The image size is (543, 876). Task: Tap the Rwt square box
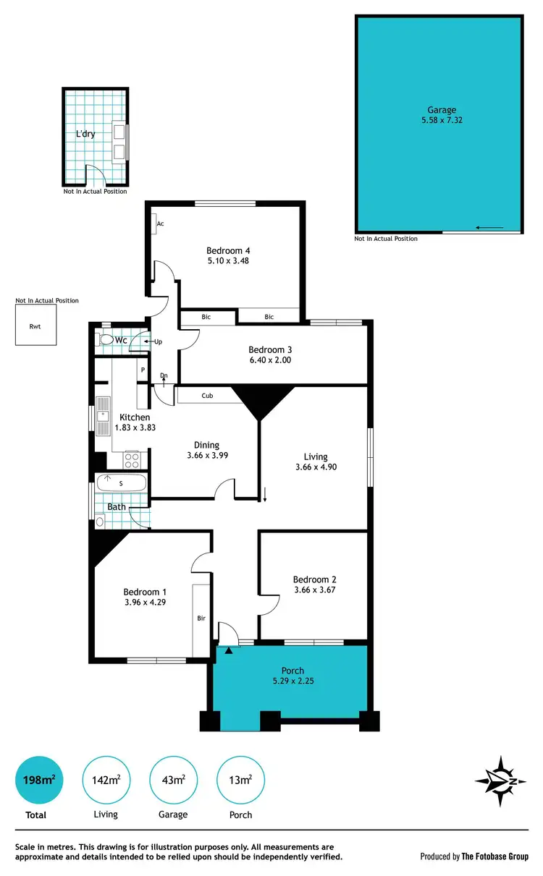coord(35,325)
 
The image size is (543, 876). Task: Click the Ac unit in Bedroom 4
coord(156,224)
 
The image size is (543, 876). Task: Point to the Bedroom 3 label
coord(269,349)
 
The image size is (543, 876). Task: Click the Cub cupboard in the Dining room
coord(208,396)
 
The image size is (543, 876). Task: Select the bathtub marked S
coord(121,482)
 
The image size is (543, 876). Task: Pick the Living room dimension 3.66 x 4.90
coord(316,467)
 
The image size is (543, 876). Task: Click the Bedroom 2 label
coord(314,579)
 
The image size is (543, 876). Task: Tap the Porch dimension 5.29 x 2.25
coord(292,681)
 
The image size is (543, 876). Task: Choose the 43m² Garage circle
coord(172,780)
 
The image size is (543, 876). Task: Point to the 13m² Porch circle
coord(240,780)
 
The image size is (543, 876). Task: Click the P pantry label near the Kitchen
coord(143,370)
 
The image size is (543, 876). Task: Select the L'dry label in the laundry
coord(85,134)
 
